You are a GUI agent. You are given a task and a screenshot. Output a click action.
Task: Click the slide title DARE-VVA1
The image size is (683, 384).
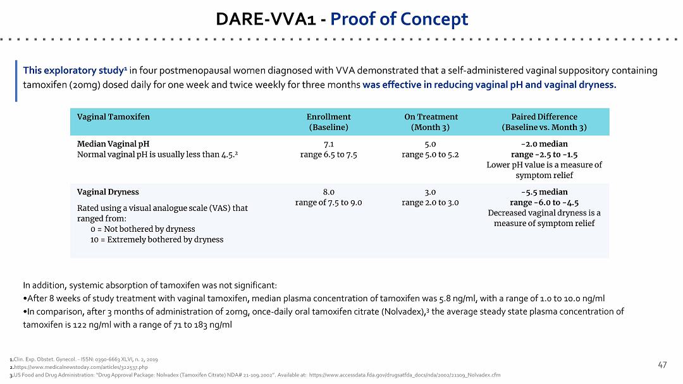266,19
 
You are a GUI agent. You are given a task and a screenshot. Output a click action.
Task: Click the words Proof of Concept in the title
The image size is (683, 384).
399,19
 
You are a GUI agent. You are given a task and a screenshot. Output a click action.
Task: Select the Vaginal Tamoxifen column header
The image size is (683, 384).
113,117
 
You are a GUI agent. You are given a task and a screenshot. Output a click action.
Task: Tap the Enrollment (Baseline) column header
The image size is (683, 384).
328,122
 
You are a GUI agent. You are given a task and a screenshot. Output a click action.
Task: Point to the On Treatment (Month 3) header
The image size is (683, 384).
431,122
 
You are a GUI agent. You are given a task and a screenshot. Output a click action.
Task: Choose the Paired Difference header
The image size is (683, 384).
544,122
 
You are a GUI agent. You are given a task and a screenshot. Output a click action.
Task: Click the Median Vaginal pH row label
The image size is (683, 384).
113,144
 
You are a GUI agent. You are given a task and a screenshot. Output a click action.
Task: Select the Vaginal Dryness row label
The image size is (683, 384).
108,192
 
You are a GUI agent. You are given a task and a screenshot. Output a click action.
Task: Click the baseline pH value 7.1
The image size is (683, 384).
328,144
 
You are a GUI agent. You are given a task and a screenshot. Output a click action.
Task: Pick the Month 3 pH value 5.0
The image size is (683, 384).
431,144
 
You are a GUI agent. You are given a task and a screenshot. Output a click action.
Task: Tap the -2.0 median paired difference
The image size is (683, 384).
544,144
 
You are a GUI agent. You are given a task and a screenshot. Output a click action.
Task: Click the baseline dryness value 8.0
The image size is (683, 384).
328,192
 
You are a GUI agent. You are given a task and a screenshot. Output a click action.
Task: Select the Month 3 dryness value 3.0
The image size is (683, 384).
431,192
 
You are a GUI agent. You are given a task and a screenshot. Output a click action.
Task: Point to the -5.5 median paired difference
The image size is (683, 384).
544,192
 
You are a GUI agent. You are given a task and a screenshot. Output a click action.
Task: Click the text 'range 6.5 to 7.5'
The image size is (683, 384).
328,154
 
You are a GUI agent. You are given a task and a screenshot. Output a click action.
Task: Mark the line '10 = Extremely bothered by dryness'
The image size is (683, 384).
157,239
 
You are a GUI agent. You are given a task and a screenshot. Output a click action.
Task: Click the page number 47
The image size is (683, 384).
662,365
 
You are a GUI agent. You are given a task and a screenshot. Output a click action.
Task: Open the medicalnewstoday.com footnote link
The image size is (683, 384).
81,367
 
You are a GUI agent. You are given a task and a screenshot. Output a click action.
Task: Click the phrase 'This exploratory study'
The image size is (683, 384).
73,71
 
